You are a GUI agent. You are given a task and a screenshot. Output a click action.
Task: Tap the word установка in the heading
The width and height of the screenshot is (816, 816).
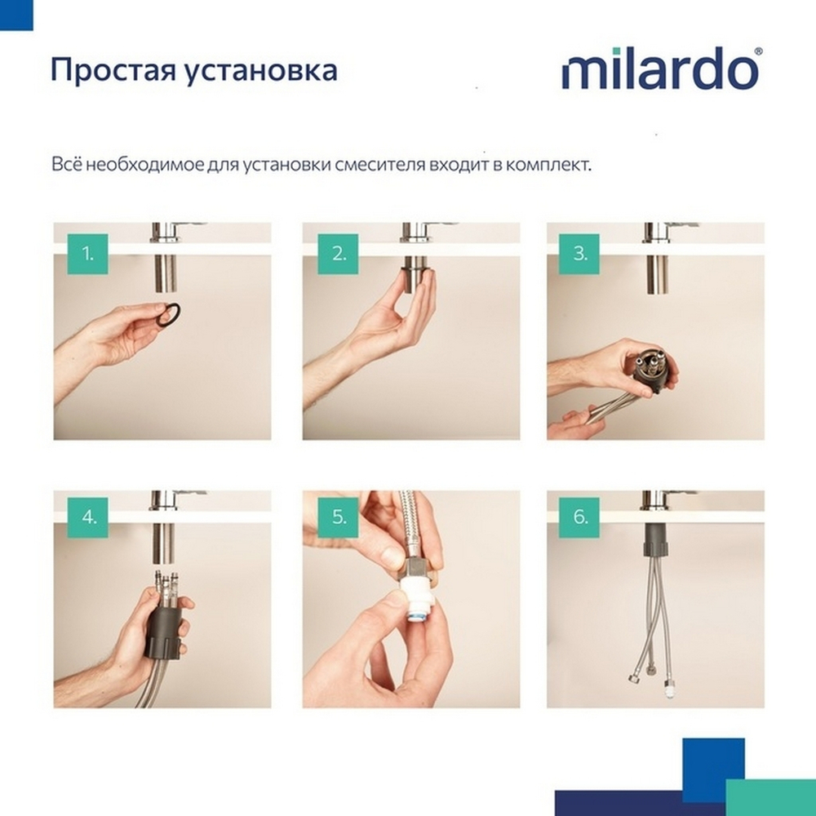point(259,70)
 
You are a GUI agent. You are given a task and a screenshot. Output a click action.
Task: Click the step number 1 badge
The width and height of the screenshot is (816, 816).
point(87,254)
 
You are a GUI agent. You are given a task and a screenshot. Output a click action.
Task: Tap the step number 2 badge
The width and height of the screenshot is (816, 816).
point(338,254)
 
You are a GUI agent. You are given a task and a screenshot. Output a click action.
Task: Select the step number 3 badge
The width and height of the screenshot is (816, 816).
point(579,254)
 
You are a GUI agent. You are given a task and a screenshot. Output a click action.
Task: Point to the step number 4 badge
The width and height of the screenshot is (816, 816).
point(87,517)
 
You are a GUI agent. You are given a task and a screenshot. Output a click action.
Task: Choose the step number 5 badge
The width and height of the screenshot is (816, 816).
point(338,517)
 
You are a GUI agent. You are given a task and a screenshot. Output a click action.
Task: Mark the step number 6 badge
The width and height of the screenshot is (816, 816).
point(579,517)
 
